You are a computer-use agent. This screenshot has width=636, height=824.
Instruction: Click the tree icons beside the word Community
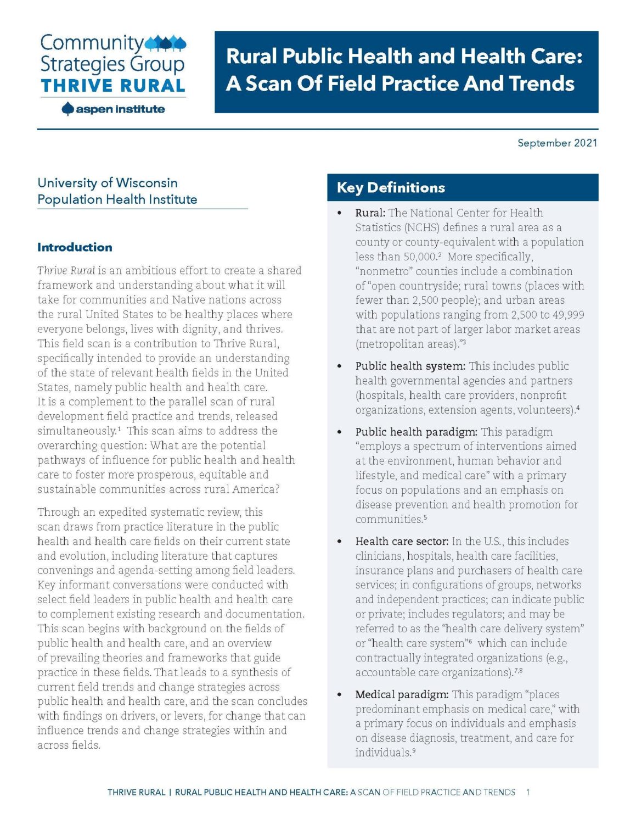tap(166, 43)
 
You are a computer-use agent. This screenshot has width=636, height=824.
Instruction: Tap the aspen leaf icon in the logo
tap(67, 109)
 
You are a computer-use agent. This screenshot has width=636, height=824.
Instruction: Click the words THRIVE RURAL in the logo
tap(113, 86)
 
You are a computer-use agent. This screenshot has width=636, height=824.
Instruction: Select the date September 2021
tap(557, 143)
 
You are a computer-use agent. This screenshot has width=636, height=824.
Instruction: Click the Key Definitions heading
tap(391, 188)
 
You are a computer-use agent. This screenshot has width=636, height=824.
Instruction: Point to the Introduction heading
tap(75, 247)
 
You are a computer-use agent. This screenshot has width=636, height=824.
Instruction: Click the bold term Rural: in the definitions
tap(370, 213)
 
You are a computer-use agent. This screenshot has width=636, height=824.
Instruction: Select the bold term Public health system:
tap(410, 366)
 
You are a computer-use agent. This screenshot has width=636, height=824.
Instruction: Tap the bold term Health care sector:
tap(402, 542)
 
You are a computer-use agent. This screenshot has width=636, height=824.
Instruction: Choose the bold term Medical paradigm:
tap(402, 695)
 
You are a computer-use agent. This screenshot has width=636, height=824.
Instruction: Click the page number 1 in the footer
tap(528, 792)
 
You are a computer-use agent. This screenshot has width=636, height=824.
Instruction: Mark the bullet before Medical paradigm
tap(340, 695)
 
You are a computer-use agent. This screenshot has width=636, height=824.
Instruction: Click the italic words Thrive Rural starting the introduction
tap(66, 271)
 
